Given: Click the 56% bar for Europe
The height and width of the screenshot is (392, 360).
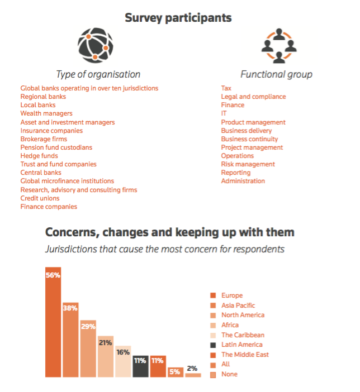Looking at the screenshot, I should coord(53,322).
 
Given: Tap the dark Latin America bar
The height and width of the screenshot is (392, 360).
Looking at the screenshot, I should coord(140,366).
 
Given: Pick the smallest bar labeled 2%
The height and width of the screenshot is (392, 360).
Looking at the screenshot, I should coord(193,375).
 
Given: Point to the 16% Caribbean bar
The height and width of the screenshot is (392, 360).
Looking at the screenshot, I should coord(123,361).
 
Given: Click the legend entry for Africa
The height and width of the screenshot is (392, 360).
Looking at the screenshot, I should coord(230,325).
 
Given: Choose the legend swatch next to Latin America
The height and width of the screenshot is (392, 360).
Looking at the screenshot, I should coord(213,345).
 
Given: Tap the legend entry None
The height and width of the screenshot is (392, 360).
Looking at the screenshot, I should coord(229,374).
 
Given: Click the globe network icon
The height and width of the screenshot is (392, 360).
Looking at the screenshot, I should coord(95,45).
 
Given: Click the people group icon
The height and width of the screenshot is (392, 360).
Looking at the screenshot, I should coord(276,46).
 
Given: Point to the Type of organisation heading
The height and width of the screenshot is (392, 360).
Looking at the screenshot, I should coord(98,74).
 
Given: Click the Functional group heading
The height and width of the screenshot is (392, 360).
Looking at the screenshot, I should coord(276,74).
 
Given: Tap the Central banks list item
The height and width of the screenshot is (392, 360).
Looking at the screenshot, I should coord(41,173).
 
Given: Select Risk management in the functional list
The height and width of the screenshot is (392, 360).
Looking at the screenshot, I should coord(248,164).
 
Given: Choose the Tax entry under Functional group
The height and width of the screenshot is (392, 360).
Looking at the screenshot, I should coord(226,88).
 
